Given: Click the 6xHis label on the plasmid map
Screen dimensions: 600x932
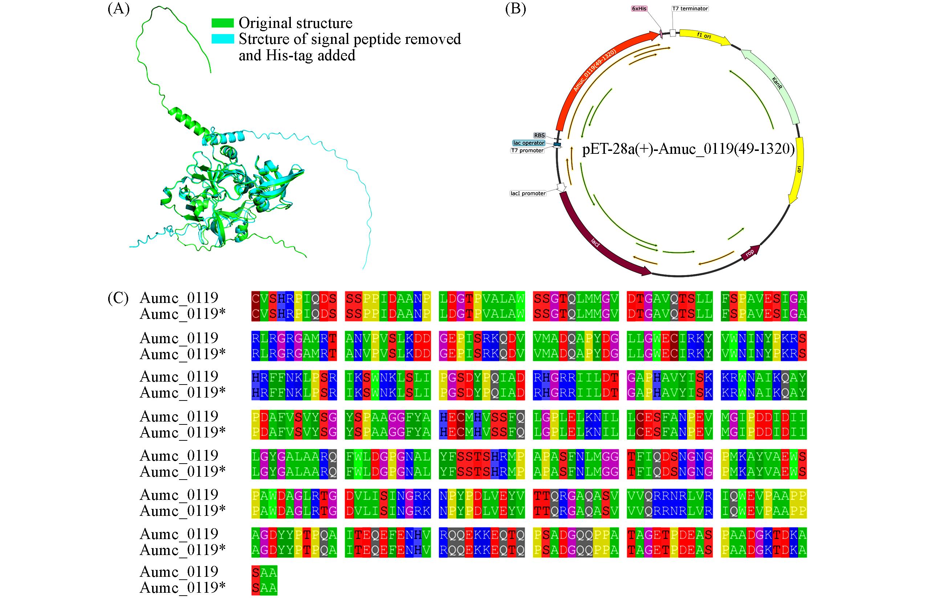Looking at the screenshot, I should click(x=639, y=9).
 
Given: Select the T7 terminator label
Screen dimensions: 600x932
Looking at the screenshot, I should click(x=690, y=9).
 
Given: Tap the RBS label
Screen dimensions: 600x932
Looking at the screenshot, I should click(x=539, y=136).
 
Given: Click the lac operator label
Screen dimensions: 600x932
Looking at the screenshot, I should click(x=529, y=143).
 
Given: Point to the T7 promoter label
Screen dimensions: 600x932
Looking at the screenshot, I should click(x=527, y=151).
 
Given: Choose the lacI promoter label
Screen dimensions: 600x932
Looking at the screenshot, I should click(x=528, y=193).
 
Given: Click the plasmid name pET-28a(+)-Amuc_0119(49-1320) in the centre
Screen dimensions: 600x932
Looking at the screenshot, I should click(x=688, y=149).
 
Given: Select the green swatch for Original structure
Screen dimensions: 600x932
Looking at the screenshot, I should click(x=222, y=23).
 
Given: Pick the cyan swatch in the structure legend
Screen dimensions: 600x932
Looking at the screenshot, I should click(x=222, y=39).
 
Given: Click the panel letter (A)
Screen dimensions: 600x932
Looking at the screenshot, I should click(x=118, y=9).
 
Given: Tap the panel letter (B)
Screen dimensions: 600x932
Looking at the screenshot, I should click(x=516, y=9).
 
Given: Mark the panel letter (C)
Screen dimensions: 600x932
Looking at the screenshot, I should click(x=118, y=298).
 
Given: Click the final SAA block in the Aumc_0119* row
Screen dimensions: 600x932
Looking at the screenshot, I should click(x=264, y=588).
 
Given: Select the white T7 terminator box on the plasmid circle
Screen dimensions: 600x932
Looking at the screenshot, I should click(x=673, y=33).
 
